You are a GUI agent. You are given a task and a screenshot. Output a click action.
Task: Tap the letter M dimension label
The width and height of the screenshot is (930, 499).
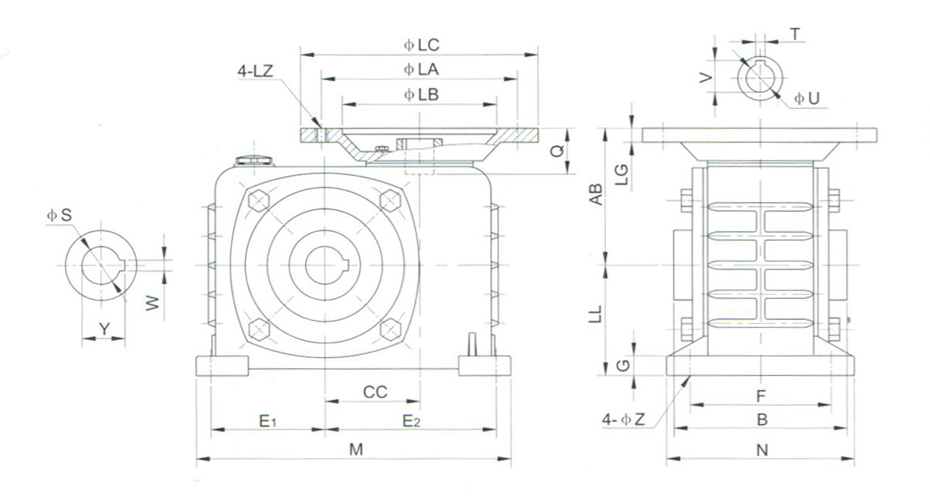click(355, 449)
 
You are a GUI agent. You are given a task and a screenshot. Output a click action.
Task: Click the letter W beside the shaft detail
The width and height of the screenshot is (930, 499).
click(153, 302)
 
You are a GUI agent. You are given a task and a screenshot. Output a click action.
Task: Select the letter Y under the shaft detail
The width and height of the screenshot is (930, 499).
click(104, 329)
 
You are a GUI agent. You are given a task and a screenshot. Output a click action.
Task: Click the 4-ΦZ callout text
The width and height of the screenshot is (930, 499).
click(623, 420)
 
